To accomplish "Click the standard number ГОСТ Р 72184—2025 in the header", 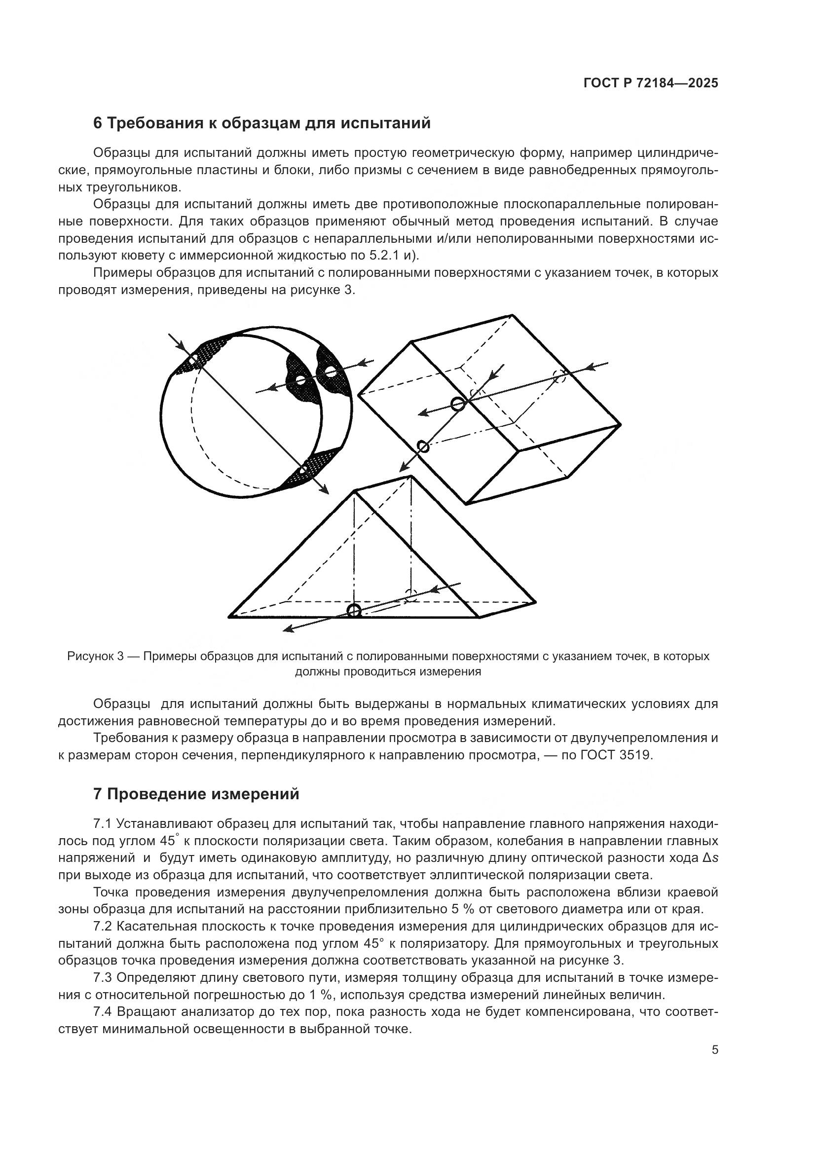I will coord(651,83).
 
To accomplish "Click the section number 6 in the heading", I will coord(98,123).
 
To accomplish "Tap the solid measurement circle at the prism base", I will coord(354,611).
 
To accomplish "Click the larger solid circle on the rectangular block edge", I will coord(457,404).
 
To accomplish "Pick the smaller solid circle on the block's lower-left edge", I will coord(423,447).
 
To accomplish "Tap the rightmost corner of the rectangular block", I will coord(621,424).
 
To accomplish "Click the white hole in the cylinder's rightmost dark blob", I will coord(330,372).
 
